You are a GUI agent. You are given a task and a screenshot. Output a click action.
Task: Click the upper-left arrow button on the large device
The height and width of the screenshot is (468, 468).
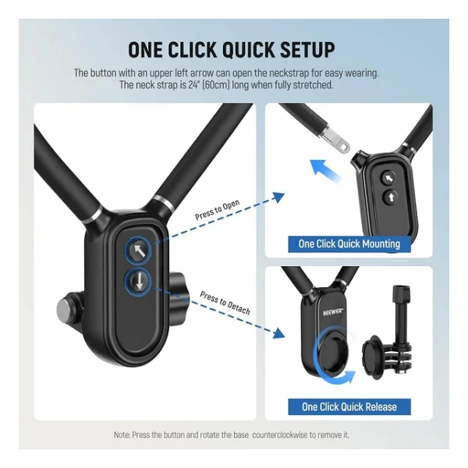tap(138, 250)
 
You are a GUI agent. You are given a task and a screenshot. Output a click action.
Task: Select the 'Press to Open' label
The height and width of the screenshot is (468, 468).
tap(217, 210)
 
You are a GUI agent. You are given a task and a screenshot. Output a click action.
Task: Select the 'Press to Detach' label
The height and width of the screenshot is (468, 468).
tap(225, 303)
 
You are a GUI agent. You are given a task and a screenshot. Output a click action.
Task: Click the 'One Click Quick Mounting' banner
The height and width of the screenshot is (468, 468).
tap(349, 244)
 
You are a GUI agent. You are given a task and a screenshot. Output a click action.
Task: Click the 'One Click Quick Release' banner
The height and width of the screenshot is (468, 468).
tap(349, 406)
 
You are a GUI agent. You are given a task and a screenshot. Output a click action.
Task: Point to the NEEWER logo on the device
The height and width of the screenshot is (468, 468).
tap(333, 312)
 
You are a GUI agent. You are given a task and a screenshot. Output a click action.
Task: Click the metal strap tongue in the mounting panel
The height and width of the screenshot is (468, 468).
tap(335, 139)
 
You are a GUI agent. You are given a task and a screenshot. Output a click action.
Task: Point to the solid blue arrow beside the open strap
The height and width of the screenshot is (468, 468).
tap(324, 170)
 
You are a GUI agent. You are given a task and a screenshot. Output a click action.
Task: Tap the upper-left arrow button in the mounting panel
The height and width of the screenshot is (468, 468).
tap(388, 178)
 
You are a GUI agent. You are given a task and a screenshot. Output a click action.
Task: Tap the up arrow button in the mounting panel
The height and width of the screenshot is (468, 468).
tap(391, 197)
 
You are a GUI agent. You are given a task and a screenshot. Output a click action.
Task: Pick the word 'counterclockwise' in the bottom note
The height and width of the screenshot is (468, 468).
tap(280, 435)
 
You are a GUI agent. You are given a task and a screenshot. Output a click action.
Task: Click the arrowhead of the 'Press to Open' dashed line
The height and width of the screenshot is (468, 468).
tap(279, 197)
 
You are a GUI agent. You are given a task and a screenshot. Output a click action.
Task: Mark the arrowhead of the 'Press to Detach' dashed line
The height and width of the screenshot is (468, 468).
tap(278, 333)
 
